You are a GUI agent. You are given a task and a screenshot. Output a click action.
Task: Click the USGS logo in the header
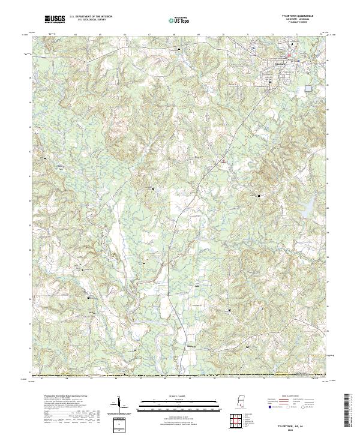(x=55, y=20)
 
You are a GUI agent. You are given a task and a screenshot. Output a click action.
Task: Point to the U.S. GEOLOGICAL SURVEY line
(x=89, y=20)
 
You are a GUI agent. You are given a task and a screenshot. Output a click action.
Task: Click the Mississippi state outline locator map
(x=241, y=403)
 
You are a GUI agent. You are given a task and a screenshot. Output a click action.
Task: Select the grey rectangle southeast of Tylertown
(x=308, y=88)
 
